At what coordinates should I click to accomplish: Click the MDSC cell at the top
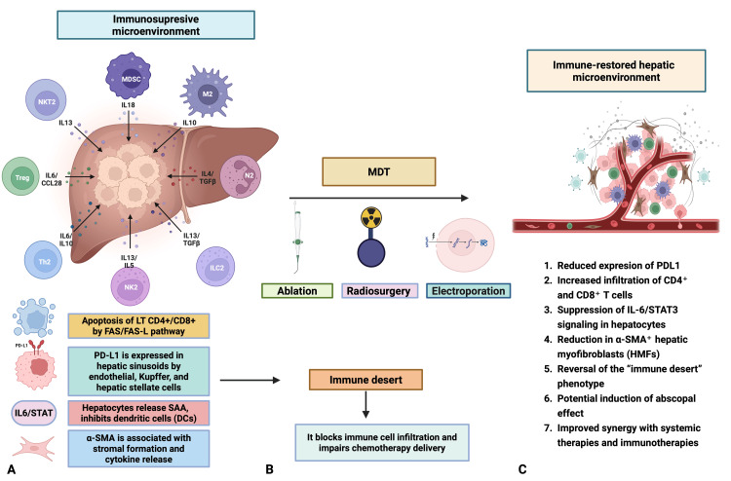pyautogui.click(x=129, y=77)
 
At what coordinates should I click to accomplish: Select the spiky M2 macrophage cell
pyautogui.click(x=207, y=92)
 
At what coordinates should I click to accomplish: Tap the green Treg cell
pyautogui.click(x=21, y=176)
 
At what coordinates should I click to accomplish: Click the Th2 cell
pyautogui.click(x=43, y=260)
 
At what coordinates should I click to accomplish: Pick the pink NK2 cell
pyautogui.click(x=131, y=286)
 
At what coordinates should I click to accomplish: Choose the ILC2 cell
pyautogui.click(x=215, y=267)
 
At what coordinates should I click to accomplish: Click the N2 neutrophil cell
pyautogui.click(x=240, y=176)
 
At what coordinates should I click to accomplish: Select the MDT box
pyautogui.click(x=378, y=171)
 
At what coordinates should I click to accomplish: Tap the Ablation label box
pyautogui.click(x=297, y=290)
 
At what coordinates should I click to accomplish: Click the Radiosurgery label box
pyautogui.click(x=379, y=290)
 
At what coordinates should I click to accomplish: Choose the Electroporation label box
pyautogui.click(x=469, y=290)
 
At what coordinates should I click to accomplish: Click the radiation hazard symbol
pyautogui.click(x=371, y=217)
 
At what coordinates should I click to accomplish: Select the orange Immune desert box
pyautogui.click(x=365, y=380)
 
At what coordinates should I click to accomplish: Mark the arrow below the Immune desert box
pyautogui.click(x=365, y=404)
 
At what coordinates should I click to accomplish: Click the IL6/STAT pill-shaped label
pyautogui.click(x=33, y=413)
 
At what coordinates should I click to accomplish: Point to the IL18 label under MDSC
pyautogui.click(x=129, y=105)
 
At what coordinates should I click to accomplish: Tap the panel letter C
pyautogui.click(x=522, y=469)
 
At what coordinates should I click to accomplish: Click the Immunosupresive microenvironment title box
pyautogui.click(x=156, y=25)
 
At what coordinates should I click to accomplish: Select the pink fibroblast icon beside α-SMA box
pyautogui.click(x=33, y=448)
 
